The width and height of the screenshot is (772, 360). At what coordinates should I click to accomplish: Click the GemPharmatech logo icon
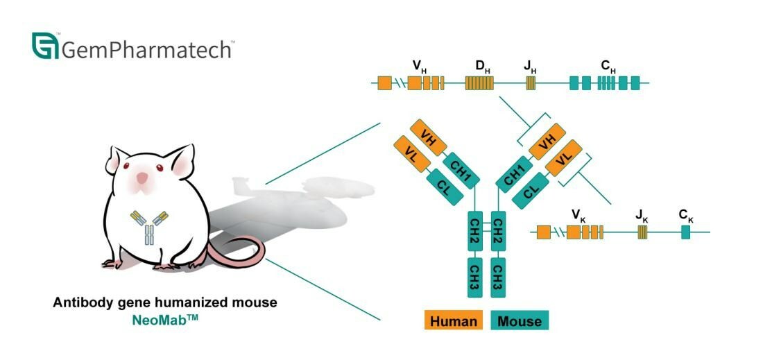pyautogui.click(x=45, y=46)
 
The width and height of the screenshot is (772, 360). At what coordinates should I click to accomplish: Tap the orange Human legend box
pyautogui.click(x=454, y=321)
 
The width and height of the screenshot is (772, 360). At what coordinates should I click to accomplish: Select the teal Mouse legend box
pyautogui.click(x=520, y=321)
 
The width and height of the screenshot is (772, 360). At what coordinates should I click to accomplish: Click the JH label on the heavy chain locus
pyautogui.click(x=530, y=67)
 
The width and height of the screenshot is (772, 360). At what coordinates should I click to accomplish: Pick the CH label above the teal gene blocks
pyautogui.click(x=608, y=67)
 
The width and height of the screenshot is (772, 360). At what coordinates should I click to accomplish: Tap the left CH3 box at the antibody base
pyautogui.click(x=475, y=275)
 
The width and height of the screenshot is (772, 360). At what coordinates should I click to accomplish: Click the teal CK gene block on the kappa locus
pyautogui.click(x=685, y=232)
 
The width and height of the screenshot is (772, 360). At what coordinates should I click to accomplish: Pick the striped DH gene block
pyautogui.click(x=479, y=84)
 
